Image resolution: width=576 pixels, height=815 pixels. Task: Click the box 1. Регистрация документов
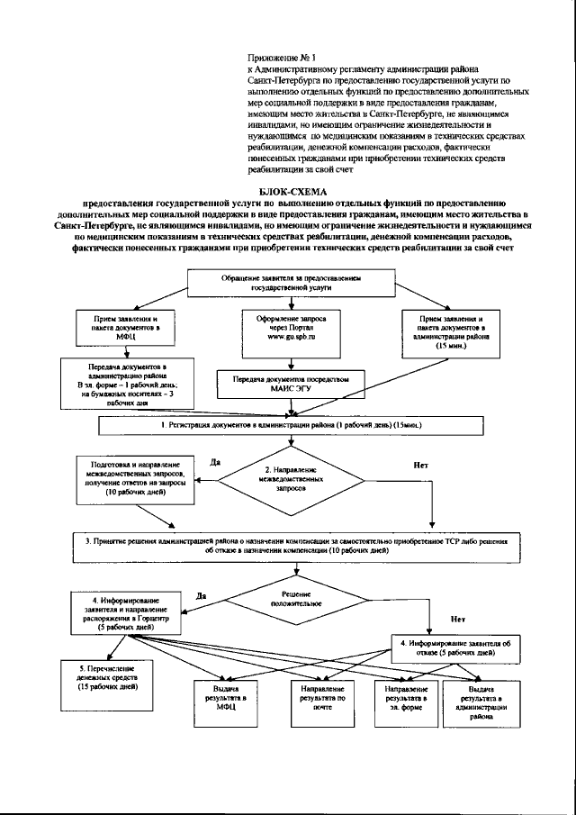[x=291, y=423]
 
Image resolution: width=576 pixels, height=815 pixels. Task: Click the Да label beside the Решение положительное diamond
[x=202, y=595]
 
